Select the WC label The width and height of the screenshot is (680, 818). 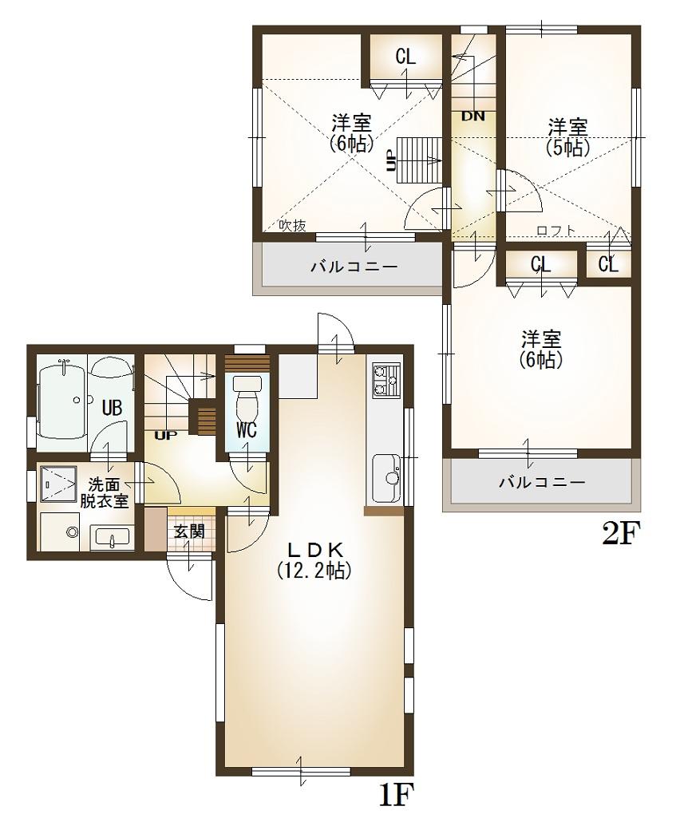coord(246,429)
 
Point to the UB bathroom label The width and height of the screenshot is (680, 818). coord(112,408)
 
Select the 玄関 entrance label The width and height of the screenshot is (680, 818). coord(188,530)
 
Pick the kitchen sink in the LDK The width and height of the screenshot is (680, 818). coord(386,471)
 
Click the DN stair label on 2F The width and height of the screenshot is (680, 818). coord(472,116)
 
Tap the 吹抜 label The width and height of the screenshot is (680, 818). coord(292,226)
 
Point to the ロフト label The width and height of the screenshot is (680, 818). coord(555,231)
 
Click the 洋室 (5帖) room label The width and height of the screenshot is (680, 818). coord(567,136)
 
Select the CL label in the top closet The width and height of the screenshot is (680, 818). coord(405,57)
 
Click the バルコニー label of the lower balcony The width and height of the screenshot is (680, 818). coord(542,483)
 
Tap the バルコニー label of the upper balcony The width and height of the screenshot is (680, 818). coord(354,267)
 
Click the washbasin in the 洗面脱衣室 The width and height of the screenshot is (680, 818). coord(111,537)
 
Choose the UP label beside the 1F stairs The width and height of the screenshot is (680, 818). coord(167,436)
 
